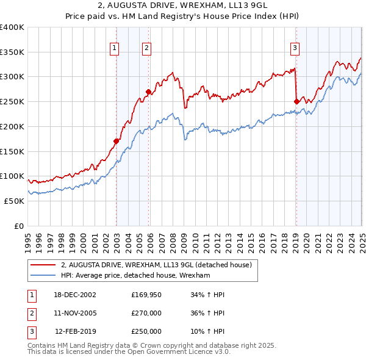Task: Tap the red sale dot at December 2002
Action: (x=116, y=142)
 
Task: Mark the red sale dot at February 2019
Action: (x=296, y=102)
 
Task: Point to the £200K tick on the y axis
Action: (x=12, y=126)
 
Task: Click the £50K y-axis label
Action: (x=14, y=201)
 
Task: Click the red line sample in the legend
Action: (x=43, y=265)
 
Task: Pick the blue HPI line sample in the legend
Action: (x=43, y=276)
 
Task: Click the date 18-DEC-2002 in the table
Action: (x=75, y=295)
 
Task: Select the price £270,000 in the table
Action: (x=146, y=313)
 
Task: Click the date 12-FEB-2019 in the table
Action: (x=75, y=331)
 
